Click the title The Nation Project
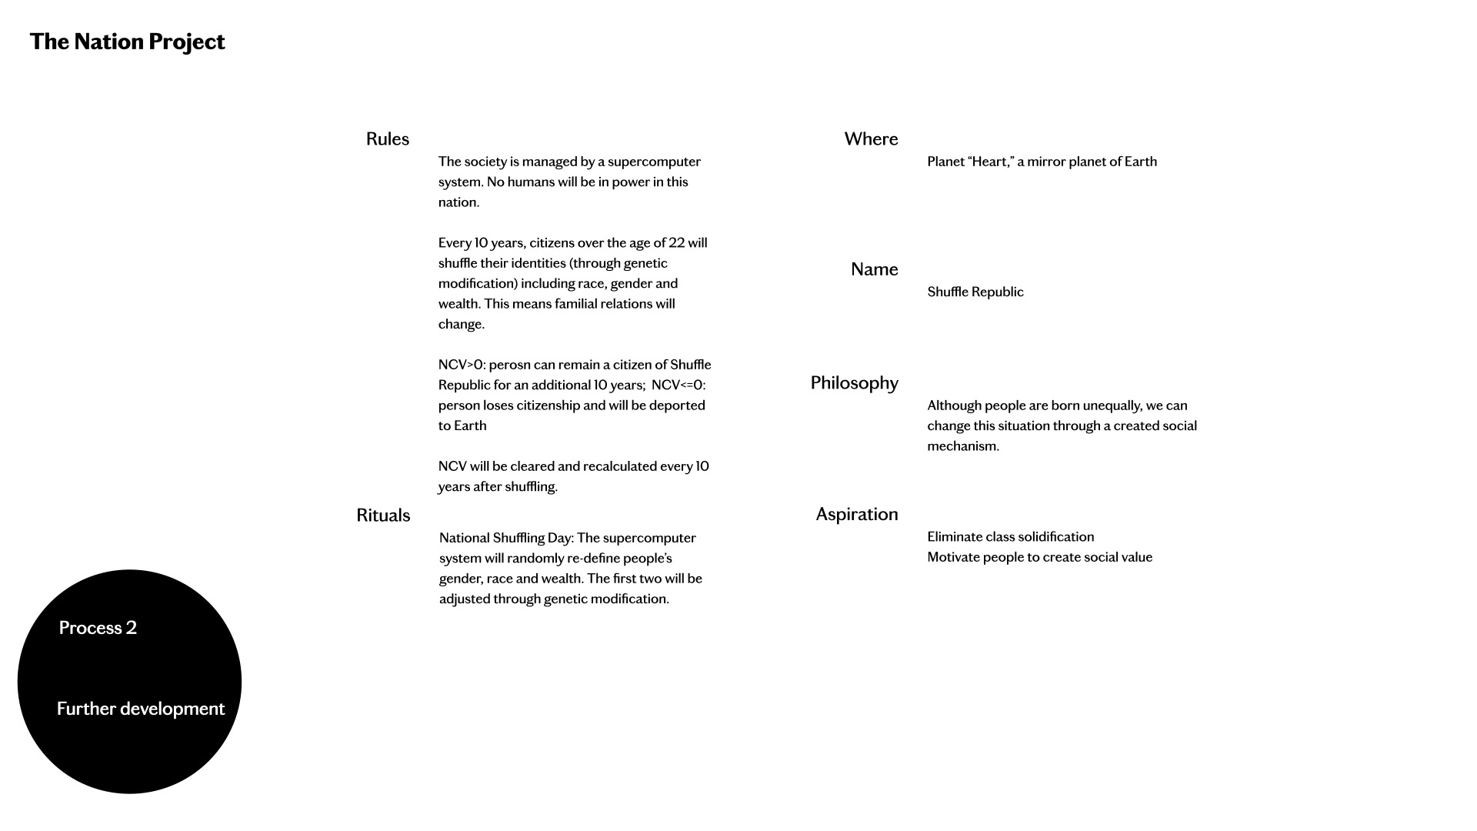[x=127, y=42]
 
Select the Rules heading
[x=387, y=139]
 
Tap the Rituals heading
[x=383, y=516]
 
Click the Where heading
[x=871, y=139]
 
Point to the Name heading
[x=874, y=269]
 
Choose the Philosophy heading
[x=854, y=383]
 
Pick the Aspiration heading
[x=856, y=514]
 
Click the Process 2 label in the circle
[x=98, y=628]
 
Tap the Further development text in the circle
[x=141, y=709]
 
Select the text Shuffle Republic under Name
[x=975, y=292]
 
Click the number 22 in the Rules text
[x=676, y=243]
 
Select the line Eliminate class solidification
[x=1010, y=537]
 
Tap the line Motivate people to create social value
[x=1039, y=557]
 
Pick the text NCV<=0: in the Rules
[x=678, y=385]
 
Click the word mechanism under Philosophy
[x=962, y=446]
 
